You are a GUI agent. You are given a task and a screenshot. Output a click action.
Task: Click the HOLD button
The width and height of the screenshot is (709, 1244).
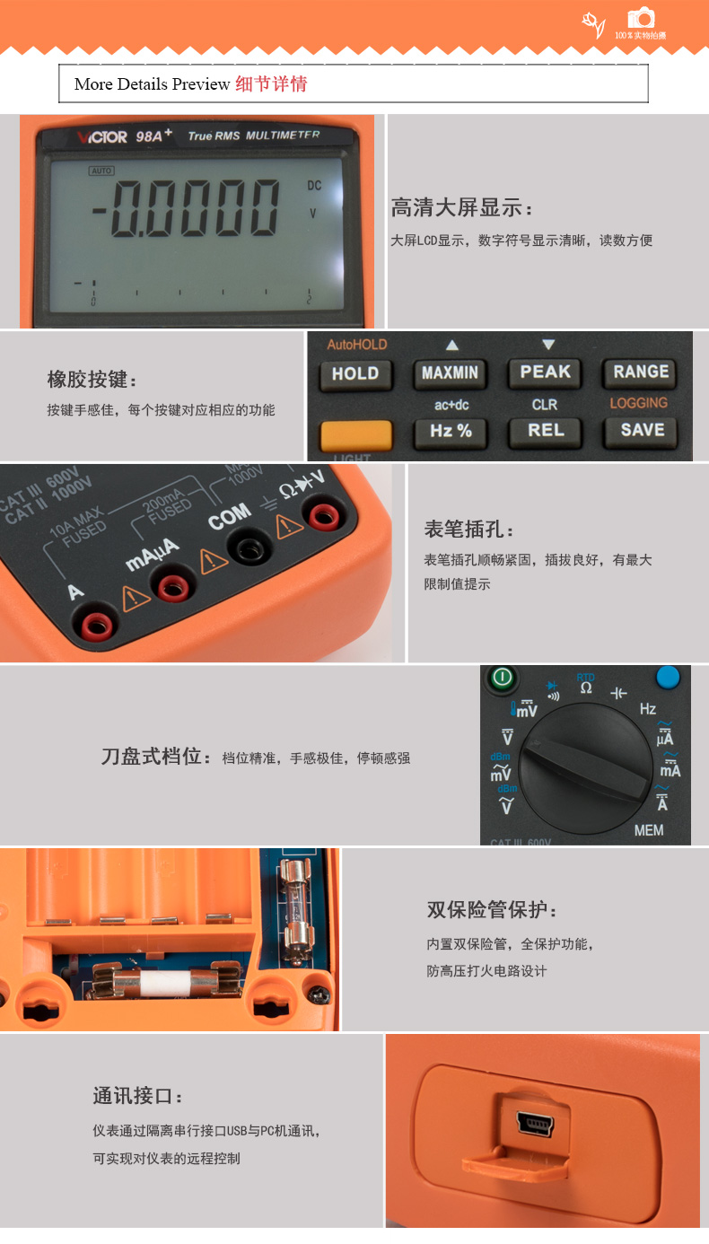355,374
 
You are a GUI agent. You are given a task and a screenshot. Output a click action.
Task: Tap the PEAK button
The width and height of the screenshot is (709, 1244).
545,372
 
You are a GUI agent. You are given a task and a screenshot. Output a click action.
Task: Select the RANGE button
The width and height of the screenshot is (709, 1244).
641,372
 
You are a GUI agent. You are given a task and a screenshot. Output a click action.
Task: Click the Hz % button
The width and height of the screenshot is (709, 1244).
451,431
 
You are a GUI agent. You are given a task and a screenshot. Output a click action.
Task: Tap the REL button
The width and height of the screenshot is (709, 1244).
546,431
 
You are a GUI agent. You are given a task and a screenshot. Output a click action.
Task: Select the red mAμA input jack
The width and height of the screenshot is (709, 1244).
171,586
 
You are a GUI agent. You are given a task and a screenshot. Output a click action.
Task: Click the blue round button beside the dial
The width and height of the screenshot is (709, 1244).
668,677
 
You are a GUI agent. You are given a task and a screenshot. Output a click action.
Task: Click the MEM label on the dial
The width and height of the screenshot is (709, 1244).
649,830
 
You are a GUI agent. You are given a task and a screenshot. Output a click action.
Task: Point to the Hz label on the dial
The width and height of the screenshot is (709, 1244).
647,709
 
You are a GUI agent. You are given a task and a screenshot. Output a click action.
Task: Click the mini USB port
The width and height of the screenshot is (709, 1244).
537,1125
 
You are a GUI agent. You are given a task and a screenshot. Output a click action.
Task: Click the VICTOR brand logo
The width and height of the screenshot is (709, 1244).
101,137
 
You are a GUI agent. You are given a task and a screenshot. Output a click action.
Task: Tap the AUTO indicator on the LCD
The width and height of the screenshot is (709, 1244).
101,171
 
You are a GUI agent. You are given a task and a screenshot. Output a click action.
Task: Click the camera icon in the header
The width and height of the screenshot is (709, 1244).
641,19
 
